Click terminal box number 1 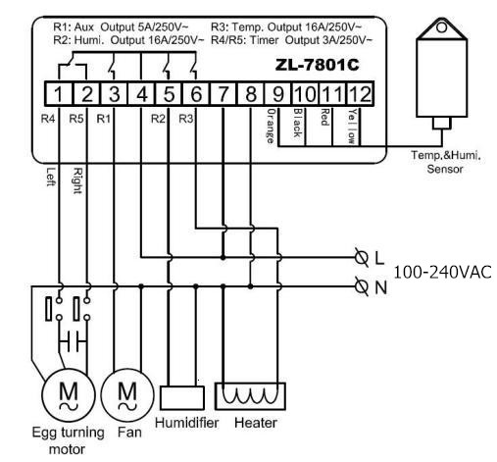59,94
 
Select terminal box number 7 223,94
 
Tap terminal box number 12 360,94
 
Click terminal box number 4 141,94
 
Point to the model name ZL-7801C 317,65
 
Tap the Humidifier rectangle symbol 182,397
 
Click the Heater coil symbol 250,396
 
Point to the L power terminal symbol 362,258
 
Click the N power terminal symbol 362,286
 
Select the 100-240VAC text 443,272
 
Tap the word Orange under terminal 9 271,127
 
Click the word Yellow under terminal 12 352,127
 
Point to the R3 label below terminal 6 186,119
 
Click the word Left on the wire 50,177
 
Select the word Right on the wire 77,180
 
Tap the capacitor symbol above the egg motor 73,341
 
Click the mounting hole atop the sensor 441,27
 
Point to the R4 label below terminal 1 48,119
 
